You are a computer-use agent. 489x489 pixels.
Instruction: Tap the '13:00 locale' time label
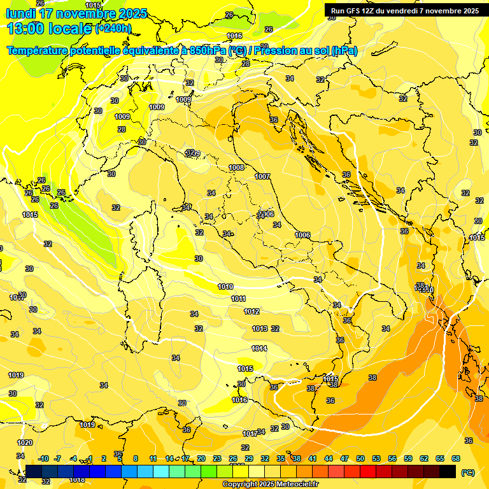pyautogui.click(x=49, y=27)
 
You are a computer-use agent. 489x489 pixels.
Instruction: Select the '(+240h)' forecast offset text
pyautogui.click(x=113, y=28)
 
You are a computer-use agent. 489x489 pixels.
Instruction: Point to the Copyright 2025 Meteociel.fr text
pyautogui.click(x=271, y=484)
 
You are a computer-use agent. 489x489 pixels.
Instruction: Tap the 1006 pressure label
pyautogui.click(x=303, y=236)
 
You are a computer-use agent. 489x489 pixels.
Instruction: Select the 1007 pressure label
pyautogui.click(x=262, y=176)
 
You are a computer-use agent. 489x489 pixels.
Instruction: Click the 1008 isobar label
pyautogui.click(x=236, y=167)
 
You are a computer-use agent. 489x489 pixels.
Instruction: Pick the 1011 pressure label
pyautogui.click(x=238, y=299)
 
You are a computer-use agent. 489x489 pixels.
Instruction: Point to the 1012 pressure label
pyautogui.click(x=252, y=311)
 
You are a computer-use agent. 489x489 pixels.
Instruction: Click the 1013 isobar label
pyautogui.click(x=259, y=329)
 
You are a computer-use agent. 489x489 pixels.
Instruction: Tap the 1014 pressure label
pyautogui.click(x=259, y=348)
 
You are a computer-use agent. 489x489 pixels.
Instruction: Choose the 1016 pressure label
pyautogui.click(x=239, y=400)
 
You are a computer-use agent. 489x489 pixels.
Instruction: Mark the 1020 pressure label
pyautogui.click(x=25, y=443)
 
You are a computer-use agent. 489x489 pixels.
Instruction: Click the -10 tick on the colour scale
pyautogui.click(x=43, y=458)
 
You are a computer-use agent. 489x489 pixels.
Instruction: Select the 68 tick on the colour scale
pyautogui.click(x=456, y=458)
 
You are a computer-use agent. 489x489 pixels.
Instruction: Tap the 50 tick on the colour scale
pyautogui.click(x=360, y=458)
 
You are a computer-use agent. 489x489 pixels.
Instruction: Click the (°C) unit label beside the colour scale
pyautogui.click(x=467, y=472)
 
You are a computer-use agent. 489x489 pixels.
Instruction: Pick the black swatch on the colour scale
pyautogui.click(x=448, y=471)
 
